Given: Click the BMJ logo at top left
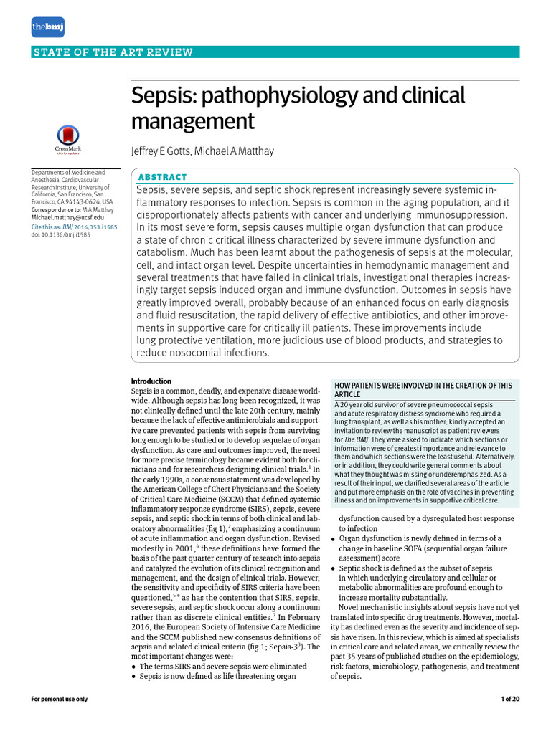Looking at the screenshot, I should (x=48, y=27).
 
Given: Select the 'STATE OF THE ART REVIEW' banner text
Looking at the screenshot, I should (x=113, y=52).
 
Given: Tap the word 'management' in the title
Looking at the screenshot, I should (x=193, y=121).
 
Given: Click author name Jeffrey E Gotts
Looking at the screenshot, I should (x=162, y=151).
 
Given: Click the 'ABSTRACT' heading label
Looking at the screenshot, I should (x=162, y=177).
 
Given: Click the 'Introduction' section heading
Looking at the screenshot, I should (x=151, y=381).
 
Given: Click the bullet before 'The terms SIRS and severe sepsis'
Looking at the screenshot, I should (x=134, y=667).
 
